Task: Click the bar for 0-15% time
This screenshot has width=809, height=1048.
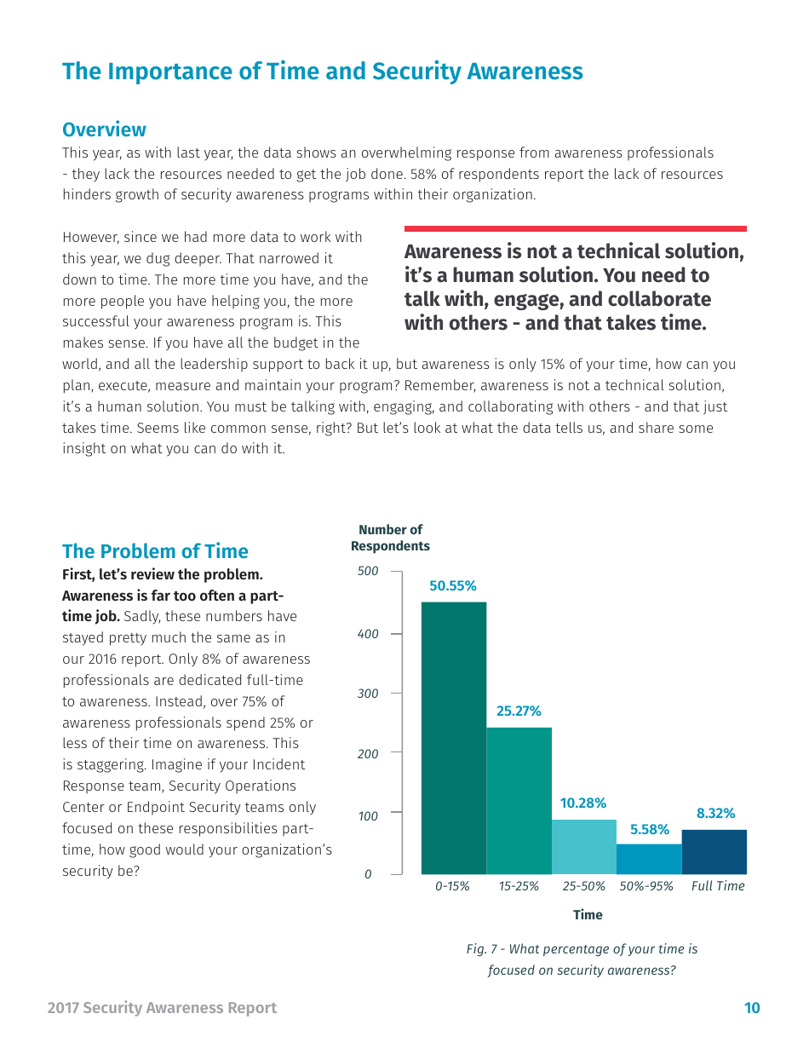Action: [x=454, y=738]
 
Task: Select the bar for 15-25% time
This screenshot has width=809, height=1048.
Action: [x=519, y=801]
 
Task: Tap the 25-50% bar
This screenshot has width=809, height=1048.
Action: [x=583, y=847]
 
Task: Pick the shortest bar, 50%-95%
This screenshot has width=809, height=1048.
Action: [x=649, y=859]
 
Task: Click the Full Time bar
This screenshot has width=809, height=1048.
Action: [x=714, y=852]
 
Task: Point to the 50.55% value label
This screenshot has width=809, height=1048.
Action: [x=452, y=586]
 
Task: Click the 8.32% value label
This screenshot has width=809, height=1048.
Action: [x=715, y=814]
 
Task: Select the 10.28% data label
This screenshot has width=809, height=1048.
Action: [x=582, y=803]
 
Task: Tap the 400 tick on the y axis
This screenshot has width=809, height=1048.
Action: [x=367, y=635]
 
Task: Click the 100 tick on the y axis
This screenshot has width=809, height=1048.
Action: [x=367, y=816]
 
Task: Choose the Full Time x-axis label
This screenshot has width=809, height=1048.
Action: [x=717, y=886]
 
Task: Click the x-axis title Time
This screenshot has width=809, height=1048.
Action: [x=587, y=915]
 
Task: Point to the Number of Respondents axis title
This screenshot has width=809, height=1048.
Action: [x=390, y=538]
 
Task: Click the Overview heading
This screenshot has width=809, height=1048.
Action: [x=104, y=130]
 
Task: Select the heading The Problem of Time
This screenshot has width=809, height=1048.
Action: [x=155, y=551]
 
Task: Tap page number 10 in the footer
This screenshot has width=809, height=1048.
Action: [x=751, y=1008]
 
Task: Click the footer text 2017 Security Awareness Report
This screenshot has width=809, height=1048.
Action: [x=162, y=1008]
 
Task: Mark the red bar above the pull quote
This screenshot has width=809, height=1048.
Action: [x=575, y=228]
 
